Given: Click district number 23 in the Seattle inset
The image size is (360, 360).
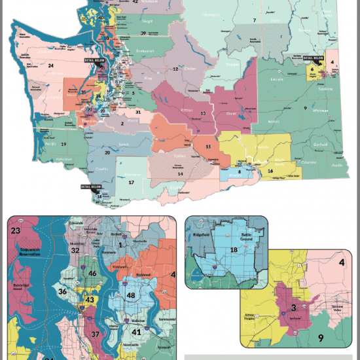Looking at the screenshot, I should (x=16, y=231).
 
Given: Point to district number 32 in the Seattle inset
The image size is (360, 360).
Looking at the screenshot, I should (x=75, y=250).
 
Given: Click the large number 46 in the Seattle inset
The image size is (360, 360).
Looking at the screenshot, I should (x=92, y=274).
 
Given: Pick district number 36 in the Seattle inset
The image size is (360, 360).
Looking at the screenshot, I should (x=63, y=292).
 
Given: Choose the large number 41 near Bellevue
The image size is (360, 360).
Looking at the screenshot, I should (x=137, y=332).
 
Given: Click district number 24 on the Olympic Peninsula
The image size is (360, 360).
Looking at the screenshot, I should (x=50, y=65).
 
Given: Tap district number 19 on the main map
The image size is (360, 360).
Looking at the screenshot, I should (x=64, y=143).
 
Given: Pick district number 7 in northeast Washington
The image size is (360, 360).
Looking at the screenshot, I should (x=254, y=21).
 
